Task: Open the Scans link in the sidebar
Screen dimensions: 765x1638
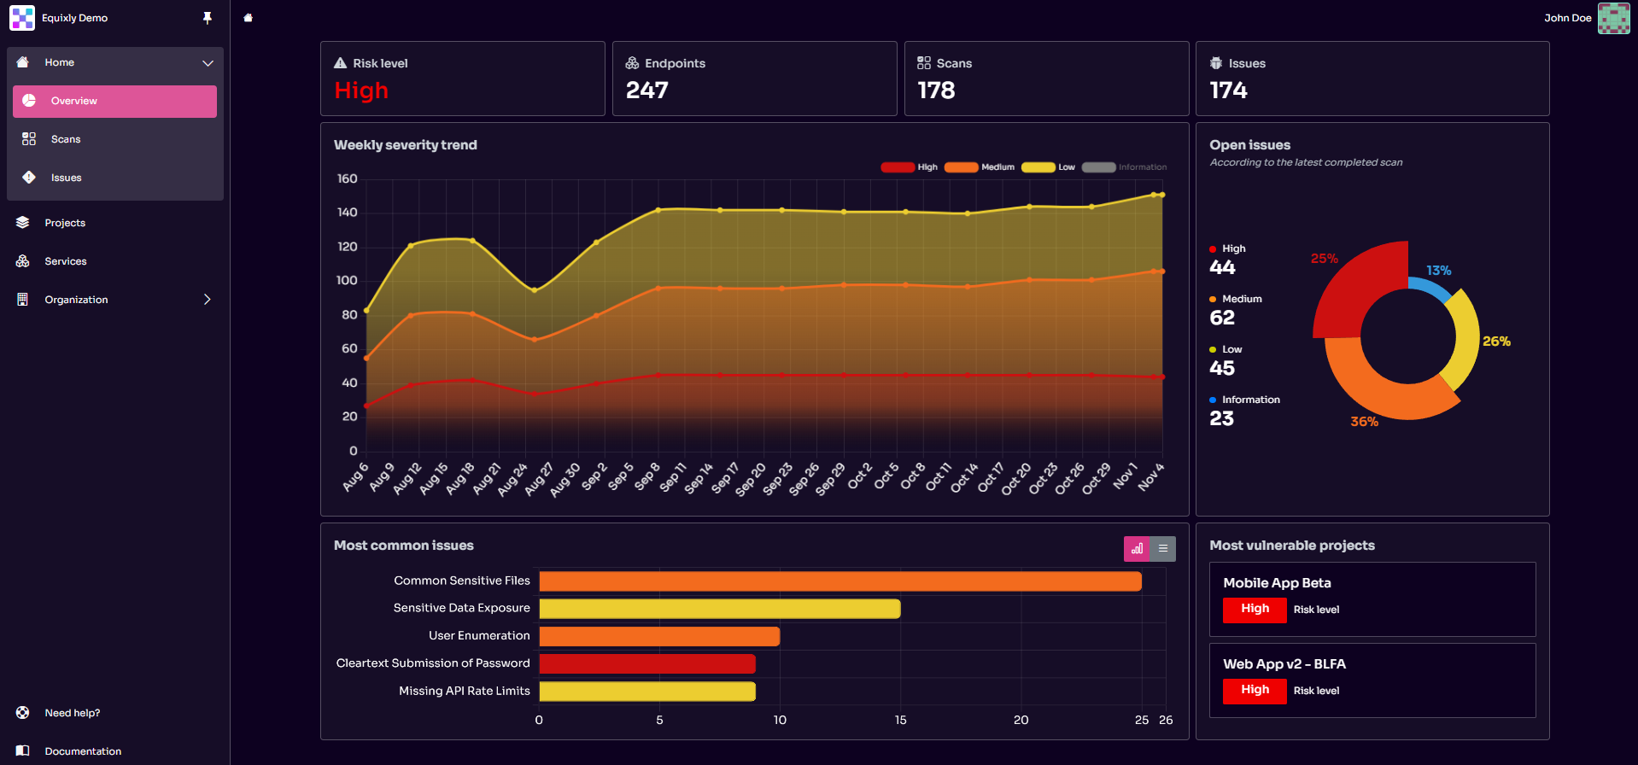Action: coord(65,139)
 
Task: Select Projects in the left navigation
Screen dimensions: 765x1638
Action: coord(65,223)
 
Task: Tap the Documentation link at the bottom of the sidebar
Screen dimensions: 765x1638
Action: coord(82,751)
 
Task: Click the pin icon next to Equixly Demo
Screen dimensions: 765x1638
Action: coord(208,18)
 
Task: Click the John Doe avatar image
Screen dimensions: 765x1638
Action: coord(1613,18)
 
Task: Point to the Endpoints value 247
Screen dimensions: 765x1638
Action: coord(646,91)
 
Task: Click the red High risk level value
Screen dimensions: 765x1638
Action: coord(361,91)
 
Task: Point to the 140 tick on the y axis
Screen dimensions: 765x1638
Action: coord(347,213)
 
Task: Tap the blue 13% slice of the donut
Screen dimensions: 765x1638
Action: coord(1431,291)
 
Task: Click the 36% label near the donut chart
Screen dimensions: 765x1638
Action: coord(1364,422)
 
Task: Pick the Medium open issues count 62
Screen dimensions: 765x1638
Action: coord(1222,318)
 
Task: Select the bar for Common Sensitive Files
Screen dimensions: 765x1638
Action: coord(839,581)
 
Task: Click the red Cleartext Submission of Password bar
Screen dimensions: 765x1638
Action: coord(646,663)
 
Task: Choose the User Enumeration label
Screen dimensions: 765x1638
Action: coord(479,635)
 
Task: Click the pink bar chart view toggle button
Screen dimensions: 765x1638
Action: coord(1137,549)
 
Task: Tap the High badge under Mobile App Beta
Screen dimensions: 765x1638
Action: coord(1255,610)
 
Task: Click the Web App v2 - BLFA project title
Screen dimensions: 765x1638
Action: coord(1284,664)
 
